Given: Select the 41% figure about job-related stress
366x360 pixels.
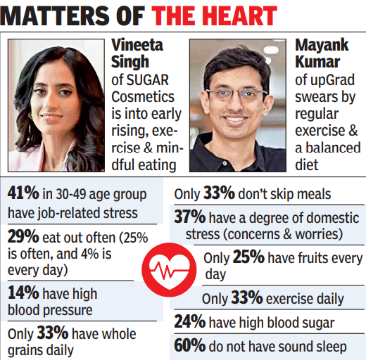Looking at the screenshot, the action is click(23, 193).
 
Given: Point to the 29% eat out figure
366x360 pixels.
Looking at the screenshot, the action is click(23, 237).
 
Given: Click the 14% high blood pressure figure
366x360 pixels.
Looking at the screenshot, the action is click(23, 292).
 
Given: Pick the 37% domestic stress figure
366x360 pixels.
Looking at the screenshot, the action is click(190, 217).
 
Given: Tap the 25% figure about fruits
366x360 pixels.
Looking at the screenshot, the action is click(248, 257).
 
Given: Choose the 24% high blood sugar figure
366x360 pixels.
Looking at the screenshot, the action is click(190, 321).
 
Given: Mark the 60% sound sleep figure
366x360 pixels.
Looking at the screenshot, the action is click(190, 345).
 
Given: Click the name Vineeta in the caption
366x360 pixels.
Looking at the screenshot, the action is click(137, 45).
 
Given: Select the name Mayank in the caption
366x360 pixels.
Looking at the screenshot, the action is click(322, 46).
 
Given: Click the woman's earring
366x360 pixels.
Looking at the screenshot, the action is click(30, 117).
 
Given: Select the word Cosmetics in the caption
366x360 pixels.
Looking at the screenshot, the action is click(143, 97).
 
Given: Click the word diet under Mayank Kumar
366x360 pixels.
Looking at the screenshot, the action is click(307, 165).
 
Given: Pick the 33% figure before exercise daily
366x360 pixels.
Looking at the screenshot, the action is click(247, 297).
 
